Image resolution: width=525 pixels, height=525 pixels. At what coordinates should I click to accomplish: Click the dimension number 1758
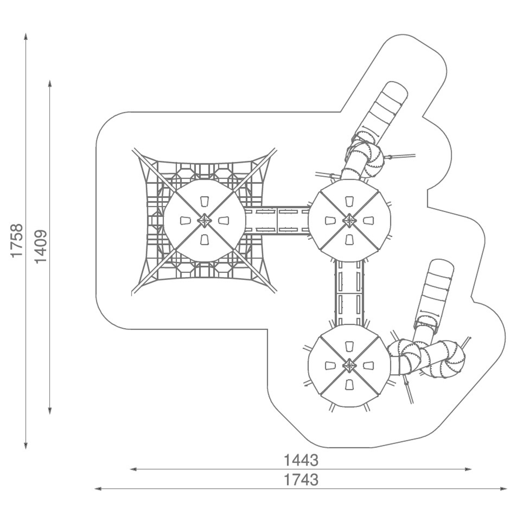coord(17,240)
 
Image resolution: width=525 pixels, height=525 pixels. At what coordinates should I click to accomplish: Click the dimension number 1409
coord(41,246)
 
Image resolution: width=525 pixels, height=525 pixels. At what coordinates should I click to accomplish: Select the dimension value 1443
coord(301,460)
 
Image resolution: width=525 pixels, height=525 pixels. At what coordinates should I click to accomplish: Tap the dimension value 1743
coord(301,480)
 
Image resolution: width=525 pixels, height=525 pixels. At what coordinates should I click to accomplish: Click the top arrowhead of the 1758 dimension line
coord(26,36)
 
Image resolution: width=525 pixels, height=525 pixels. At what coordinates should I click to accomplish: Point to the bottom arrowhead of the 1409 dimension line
coord(50,411)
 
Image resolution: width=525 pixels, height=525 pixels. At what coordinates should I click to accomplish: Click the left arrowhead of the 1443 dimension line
coord(133,469)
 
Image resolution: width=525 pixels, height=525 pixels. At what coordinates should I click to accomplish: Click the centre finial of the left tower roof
coord(204,220)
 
